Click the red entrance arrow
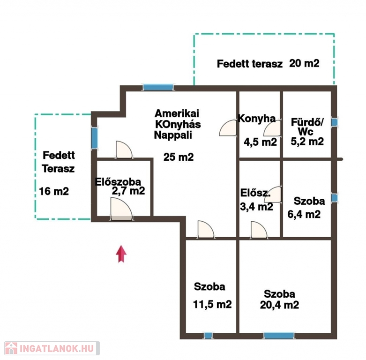pos(121,254)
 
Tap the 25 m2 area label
pos(179,157)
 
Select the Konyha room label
pos(257,119)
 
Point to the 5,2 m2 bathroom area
pos(307,141)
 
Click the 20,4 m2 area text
pos(279,305)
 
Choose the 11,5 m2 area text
pos(212,304)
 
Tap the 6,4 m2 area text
pos(304,214)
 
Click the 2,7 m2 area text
pos(128,191)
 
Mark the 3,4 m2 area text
pos(256,207)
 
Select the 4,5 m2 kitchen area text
pos(260,142)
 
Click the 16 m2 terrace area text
pos(54,191)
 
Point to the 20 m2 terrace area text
pos(304,63)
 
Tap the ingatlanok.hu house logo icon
pos(11,349)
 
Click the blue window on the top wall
pos(158,87)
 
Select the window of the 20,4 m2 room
pos(279,336)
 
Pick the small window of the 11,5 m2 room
pos(208,336)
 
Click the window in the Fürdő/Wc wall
pos(335,122)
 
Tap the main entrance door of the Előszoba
pos(122,209)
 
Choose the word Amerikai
pos(177,113)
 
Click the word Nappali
pos(173,135)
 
